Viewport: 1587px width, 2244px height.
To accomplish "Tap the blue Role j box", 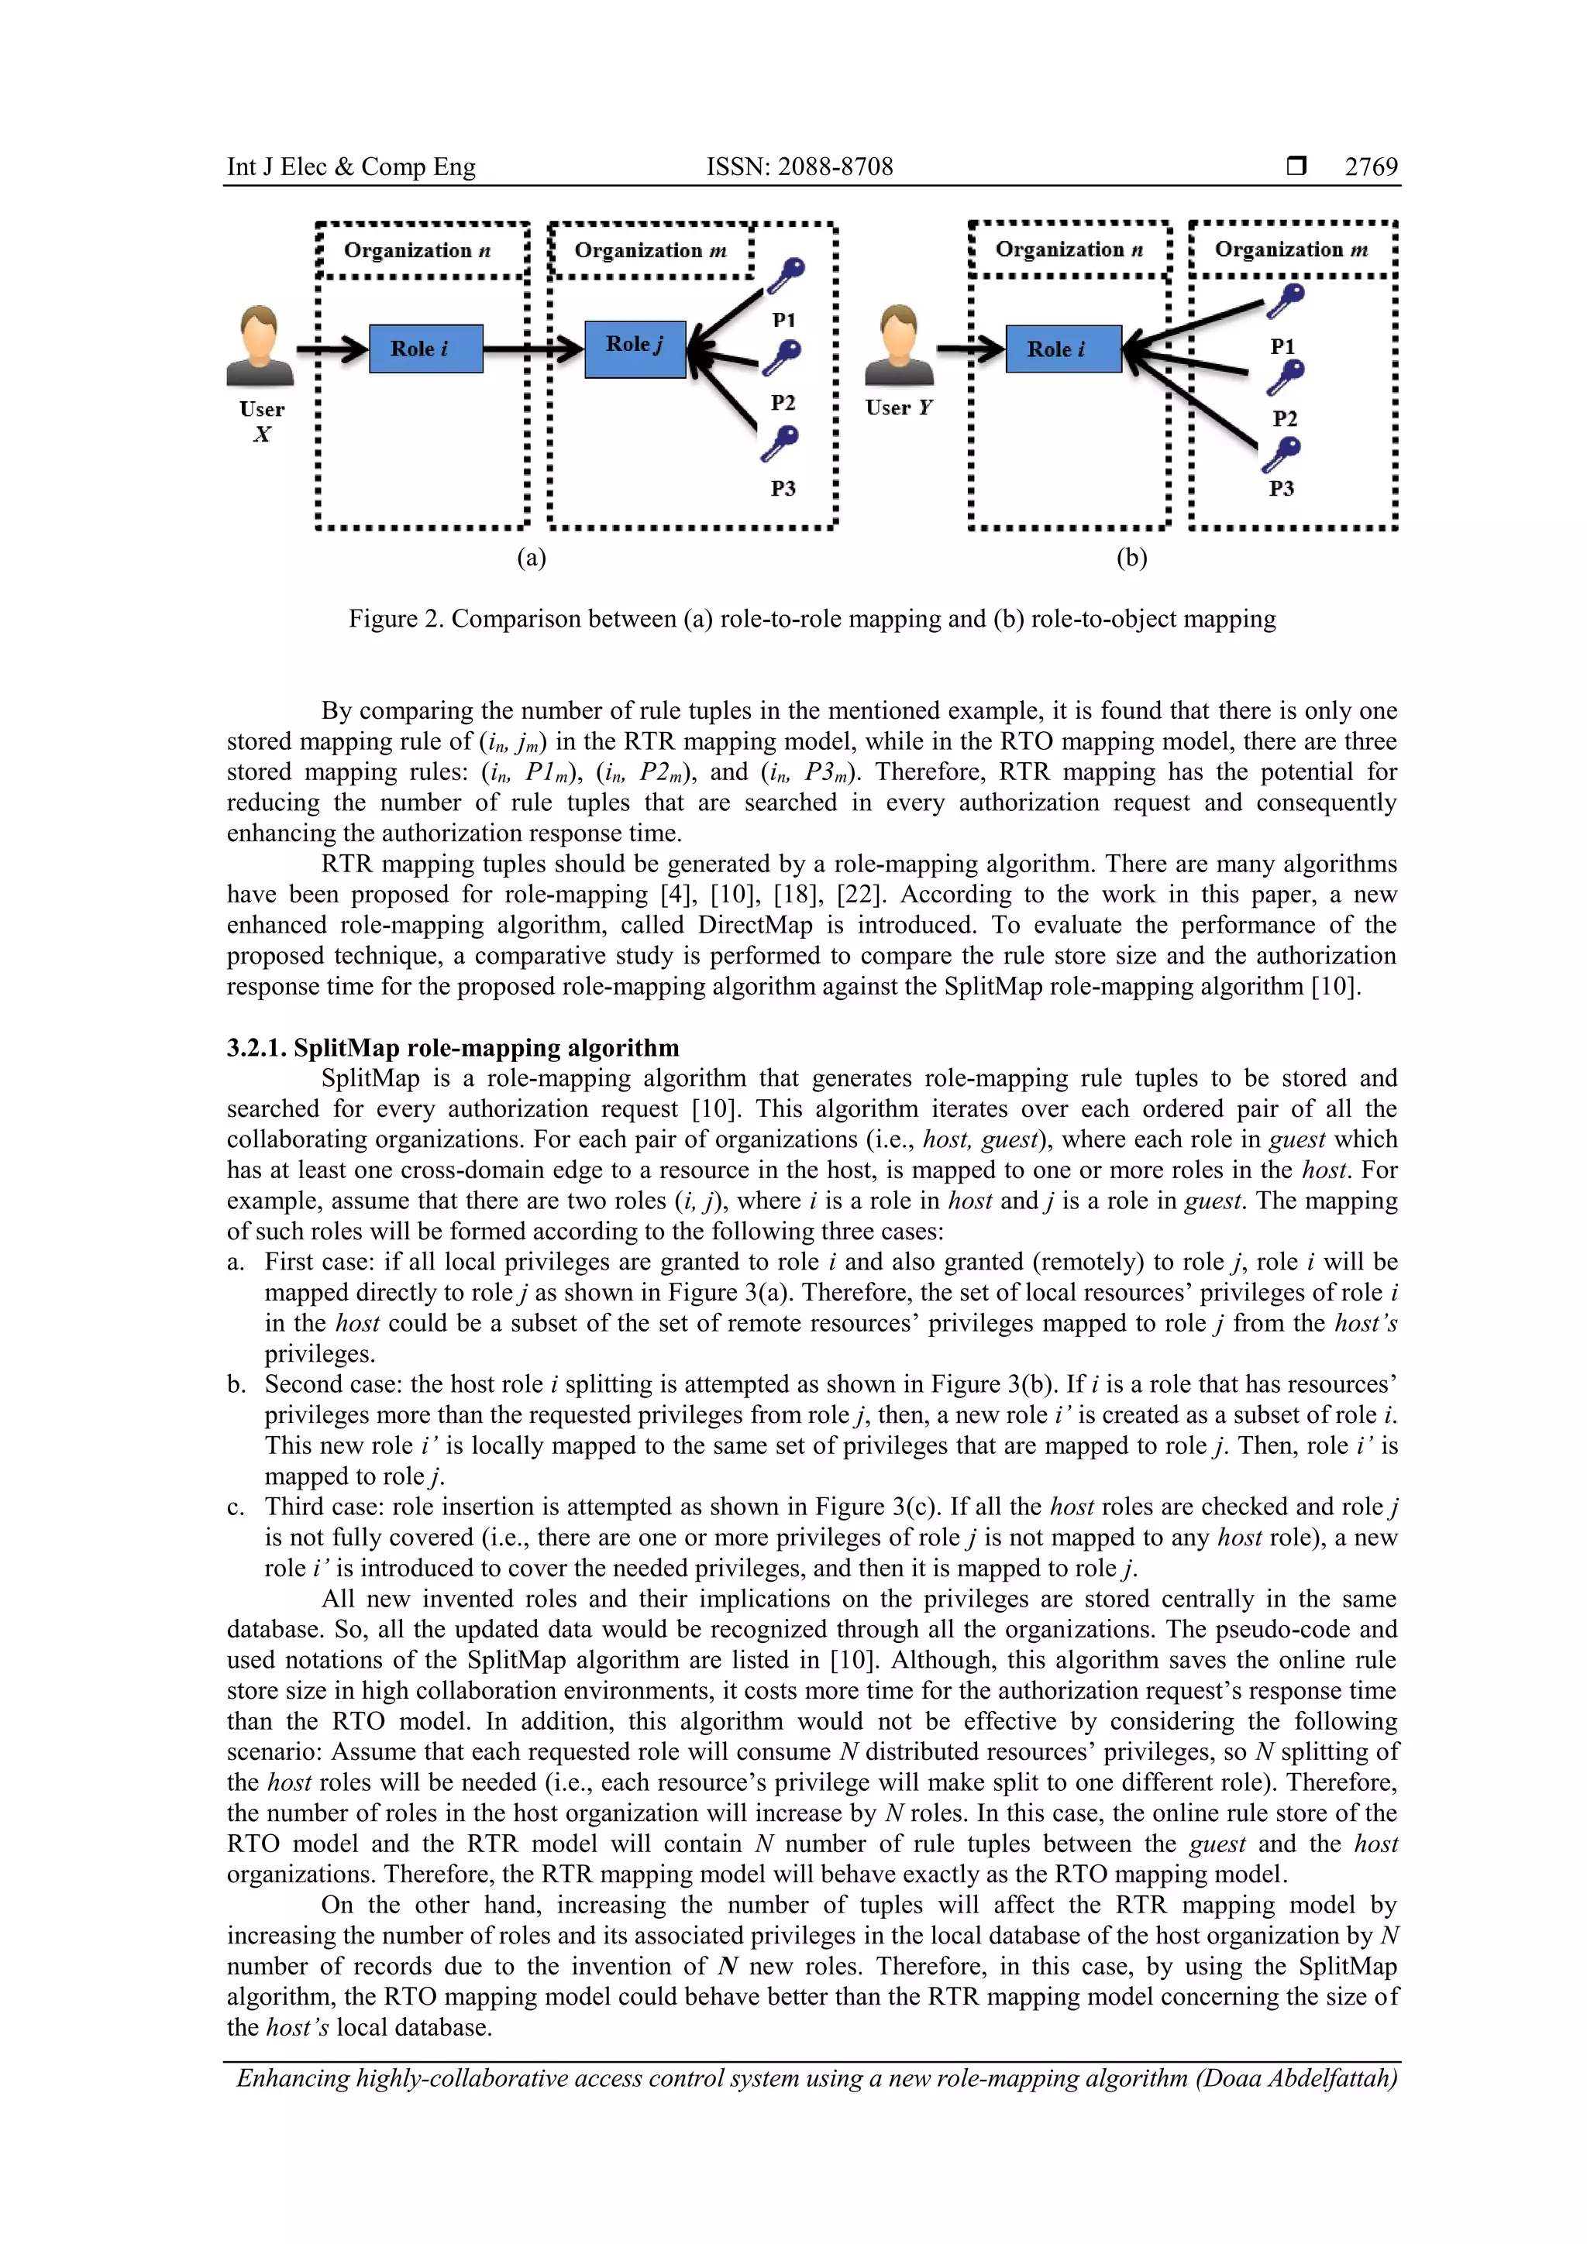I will [x=635, y=349].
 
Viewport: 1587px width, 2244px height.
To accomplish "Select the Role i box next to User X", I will [x=425, y=349].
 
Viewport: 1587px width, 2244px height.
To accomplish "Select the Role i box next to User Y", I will [x=1063, y=349].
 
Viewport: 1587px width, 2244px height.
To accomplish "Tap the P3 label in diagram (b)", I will [x=1281, y=489].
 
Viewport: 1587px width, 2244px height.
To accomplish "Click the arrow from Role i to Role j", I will [x=533, y=349].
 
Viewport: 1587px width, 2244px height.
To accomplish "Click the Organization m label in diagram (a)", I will [x=650, y=250].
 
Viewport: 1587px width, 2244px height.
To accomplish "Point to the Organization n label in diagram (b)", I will [x=1069, y=249].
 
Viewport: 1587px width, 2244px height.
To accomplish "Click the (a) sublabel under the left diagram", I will [x=531, y=557].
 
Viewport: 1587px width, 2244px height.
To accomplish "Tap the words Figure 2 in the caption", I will [x=394, y=619].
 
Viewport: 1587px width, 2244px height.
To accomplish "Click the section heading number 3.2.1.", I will [x=256, y=1048].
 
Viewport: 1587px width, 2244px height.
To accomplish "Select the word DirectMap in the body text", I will [x=753, y=925].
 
